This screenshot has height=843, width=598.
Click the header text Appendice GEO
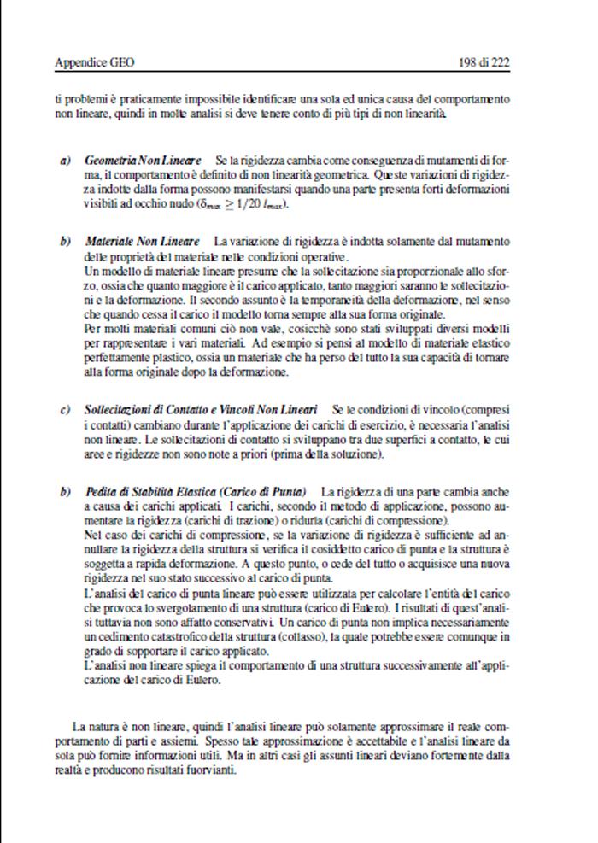pyautogui.click(x=94, y=62)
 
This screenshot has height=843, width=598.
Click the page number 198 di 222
pyautogui.click(x=484, y=62)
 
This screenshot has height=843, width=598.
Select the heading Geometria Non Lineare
pyautogui.click(x=143, y=160)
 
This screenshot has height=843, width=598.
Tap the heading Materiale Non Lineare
pyautogui.click(x=143, y=242)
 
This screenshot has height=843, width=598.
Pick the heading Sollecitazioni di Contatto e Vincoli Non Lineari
pyautogui.click(x=202, y=410)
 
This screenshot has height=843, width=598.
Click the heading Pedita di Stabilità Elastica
pyautogui.click(x=198, y=492)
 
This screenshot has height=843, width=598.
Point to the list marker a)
pyautogui.click(x=65, y=160)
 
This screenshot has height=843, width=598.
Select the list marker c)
pyautogui.click(x=65, y=410)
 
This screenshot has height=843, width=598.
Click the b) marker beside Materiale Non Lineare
pyautogui.click(x=65, y=242)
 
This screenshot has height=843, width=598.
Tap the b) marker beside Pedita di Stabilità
pyautogui.click(x=65, y=492)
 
